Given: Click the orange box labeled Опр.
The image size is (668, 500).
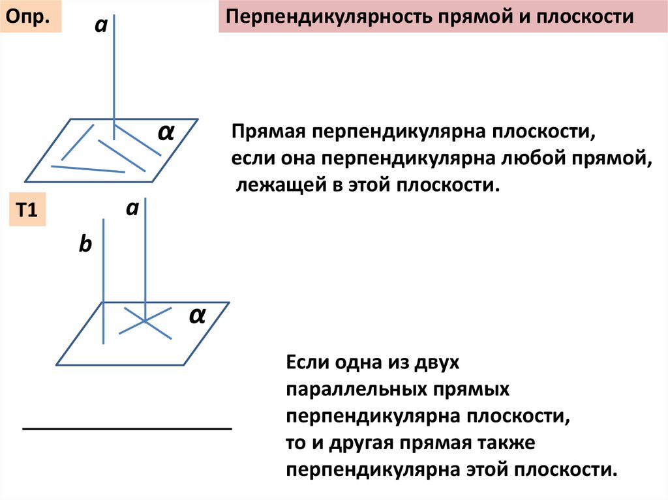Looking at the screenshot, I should tap(33, 17).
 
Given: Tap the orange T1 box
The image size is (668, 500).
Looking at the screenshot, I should tap(28, 210).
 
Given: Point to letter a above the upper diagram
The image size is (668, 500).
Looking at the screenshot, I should tap(100, 27).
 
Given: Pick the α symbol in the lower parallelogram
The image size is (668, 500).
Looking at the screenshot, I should tap(198, 316).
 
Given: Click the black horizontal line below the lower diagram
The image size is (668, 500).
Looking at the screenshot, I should tap(128, 428).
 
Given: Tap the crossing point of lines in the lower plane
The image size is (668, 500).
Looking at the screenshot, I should tap(145, 321).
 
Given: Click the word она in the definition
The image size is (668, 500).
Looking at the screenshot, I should tap(292, 159).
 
